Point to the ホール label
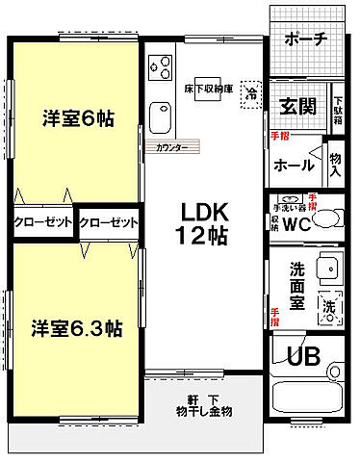point(294,165)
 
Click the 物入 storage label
point(335,165)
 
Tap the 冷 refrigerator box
point(251,93)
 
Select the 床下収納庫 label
point(208,85)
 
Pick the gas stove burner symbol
point(160,68)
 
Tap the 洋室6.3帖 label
point(74,327)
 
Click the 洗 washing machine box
point(330,307)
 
